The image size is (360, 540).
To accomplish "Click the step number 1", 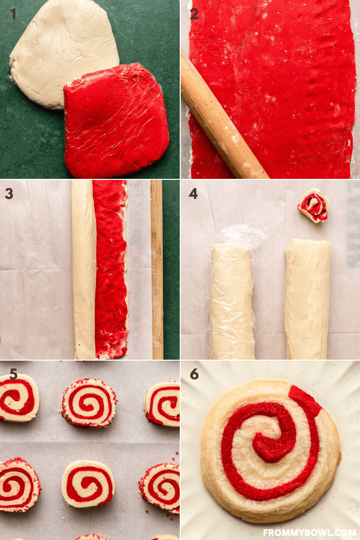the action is pos(13,14).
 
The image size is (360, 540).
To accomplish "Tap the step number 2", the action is pos(194,14).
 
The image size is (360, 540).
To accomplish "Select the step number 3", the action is pos(9,194).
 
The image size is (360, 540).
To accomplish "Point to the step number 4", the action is pos(193,194).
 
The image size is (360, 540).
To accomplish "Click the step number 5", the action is pos(13,374).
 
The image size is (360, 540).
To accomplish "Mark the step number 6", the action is pos(194,374).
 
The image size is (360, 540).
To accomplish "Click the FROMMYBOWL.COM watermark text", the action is pos(310,533).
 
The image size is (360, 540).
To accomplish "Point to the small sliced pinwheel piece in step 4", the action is pos(313,206).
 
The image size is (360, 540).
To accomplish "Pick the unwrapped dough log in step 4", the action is pos(307,299).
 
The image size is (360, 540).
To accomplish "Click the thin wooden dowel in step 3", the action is pos(157,270).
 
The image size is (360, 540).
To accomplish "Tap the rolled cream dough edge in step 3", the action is pos(83,270).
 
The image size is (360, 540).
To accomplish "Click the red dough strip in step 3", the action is pos(111,270).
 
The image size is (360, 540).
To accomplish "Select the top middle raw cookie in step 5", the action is pos(89,403).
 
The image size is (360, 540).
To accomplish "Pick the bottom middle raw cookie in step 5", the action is pos(88,484).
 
